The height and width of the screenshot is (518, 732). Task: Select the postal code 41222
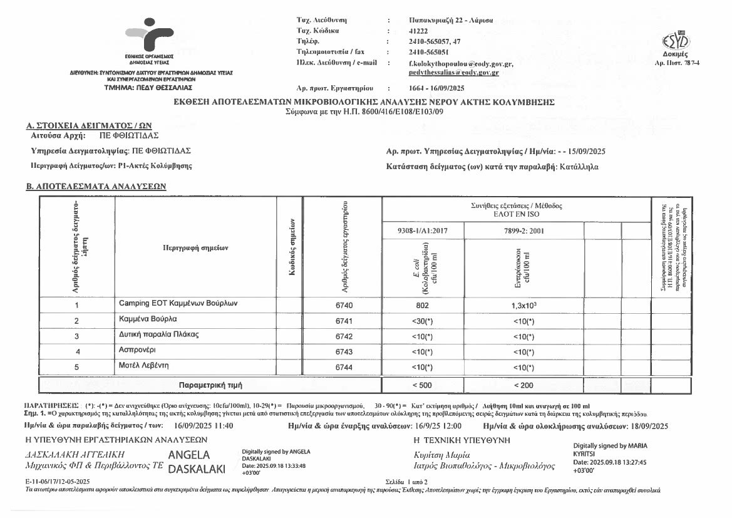(x=418, y=31)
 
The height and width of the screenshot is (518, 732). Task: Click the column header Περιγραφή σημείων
(x=195, y=248)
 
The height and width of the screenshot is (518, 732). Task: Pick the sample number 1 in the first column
(x=76, y=306)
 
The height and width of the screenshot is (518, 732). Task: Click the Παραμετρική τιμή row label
(x=210, y=384)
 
